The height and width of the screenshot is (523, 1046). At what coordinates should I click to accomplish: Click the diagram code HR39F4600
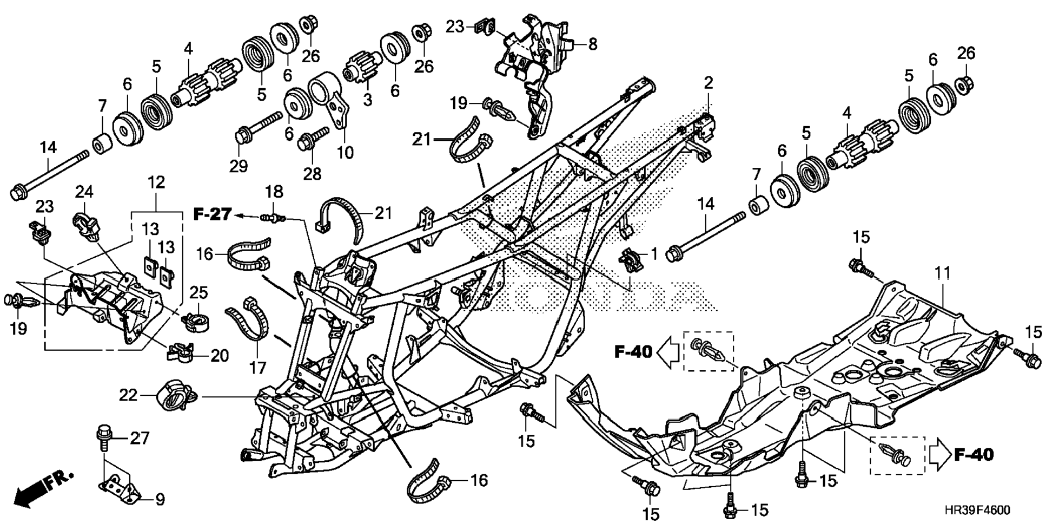pyautogui.click(x=977, y=510)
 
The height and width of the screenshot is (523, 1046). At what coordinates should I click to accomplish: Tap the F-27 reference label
pyautogui.click(x=212, y=215)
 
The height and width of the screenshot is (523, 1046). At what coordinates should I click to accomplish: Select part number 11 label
pyautogui.click(x=943, y=273)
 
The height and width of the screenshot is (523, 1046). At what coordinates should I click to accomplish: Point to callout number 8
pyautogui.click(x=593, y=44)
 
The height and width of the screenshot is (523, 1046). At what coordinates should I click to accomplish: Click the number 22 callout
pyautogui.click(x=128, y=396)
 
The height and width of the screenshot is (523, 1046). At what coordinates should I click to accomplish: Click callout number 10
pyautogui.click(x=345, y=152)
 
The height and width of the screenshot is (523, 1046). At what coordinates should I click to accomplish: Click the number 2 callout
pyautogui.click(x=709, y=83)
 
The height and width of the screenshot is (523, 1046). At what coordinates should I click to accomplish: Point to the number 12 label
pyautogui.click(x=156, y=182)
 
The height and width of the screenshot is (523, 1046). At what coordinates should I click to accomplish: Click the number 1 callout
pyautogui.click(x=654, y=252)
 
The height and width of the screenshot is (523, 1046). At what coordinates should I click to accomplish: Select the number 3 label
pyautogui.click(x=368, y=100)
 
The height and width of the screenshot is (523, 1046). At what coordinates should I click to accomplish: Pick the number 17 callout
pyautogui.click(x=257, y=368)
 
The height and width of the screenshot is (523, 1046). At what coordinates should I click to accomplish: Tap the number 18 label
pyautogui.click(x=274, y=192)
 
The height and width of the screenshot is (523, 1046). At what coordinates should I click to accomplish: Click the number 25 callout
pyautogui.click(x=199, y=293)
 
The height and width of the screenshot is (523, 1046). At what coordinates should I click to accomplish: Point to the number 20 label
pyautogui.click(x=219, y=356)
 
